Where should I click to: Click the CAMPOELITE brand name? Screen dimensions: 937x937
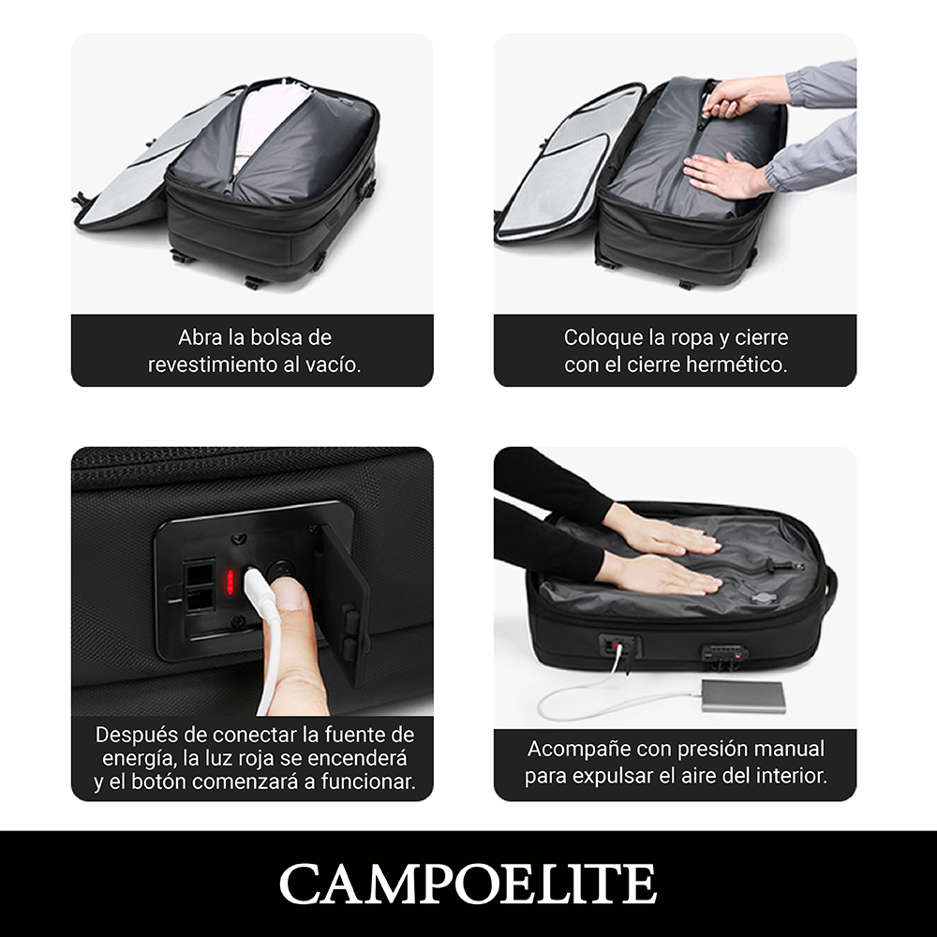468,884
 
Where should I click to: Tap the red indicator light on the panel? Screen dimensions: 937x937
231,582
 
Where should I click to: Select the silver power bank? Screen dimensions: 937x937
743,696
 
